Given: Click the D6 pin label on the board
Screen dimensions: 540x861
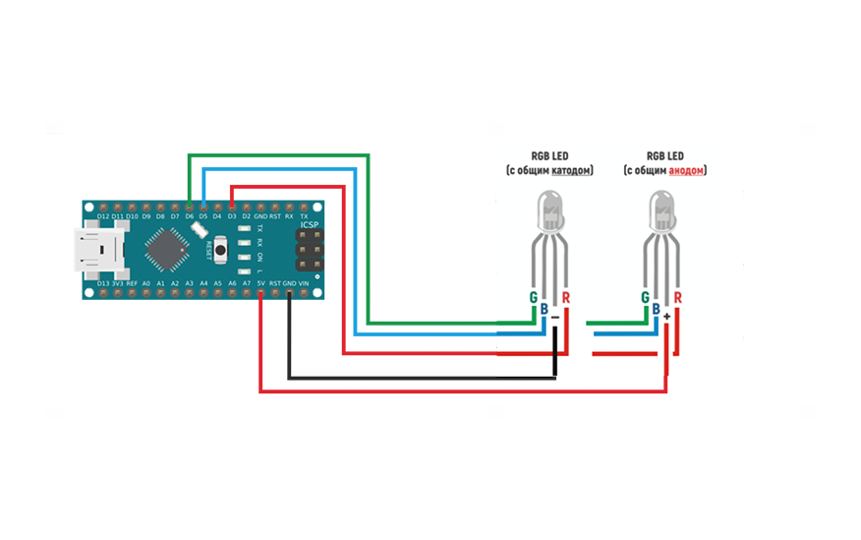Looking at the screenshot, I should pyautogui.click(x=189, y=215).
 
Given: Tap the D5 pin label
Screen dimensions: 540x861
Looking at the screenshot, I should pyautogui.click(x=202, y=215).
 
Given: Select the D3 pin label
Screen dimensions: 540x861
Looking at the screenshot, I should pyautogui.click(x=231, y=215).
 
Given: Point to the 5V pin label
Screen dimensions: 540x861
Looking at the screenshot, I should pyautogui.click(x=260, y=283).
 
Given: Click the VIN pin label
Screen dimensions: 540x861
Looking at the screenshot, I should pyautogui.click(x=304, y=283).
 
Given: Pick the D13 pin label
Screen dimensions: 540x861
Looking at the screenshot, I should pyautogui.click(x=103, y=283).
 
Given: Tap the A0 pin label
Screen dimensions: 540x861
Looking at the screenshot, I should pyautogui.click(x=145, y=283).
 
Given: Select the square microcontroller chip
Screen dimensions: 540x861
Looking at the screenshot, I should pyautogui.click(x=165, y=250).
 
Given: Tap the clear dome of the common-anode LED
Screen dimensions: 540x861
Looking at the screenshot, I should pyautogui.click(x=662, y=210).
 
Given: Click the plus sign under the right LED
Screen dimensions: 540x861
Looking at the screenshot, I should pyautogui.click(x=667, y=317).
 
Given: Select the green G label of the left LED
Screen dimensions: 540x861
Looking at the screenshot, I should pyautogui.click(x=533, y=297).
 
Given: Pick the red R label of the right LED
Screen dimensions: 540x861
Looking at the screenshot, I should pyautogui.click(x=679, y=297).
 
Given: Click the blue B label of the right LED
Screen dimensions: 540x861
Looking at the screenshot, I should pyautogui.click(x=656, y=309).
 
